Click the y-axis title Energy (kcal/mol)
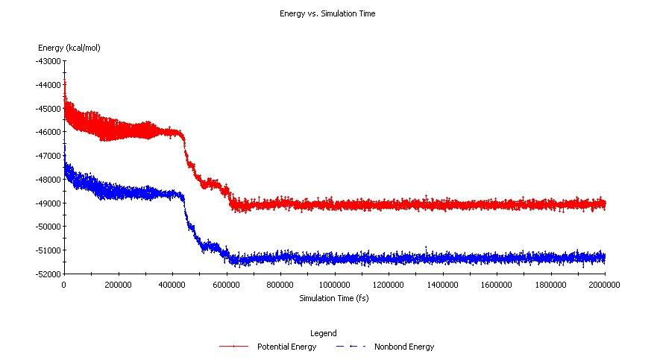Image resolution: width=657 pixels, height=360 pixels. pos(69,48)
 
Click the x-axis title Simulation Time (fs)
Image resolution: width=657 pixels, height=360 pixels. pos(333,298)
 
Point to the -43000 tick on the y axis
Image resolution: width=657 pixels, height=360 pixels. pos(48,61)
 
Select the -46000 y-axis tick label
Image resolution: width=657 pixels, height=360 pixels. pos(48,132)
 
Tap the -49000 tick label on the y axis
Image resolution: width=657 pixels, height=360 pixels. pos(48,203)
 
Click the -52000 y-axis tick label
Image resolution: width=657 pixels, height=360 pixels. pos(48,274)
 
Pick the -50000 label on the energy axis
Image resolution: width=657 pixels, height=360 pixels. pos(48,227)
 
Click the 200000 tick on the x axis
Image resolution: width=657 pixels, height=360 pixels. pos(118,285)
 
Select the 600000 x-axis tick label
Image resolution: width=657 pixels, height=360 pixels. pos(226,285)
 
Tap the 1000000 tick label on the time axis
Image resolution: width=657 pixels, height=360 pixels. pos(334,285)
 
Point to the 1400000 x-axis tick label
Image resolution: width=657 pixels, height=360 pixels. pos(442,285)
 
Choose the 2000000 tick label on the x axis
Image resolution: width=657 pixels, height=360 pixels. pos(604,285)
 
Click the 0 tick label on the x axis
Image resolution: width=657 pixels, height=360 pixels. pos(64,285)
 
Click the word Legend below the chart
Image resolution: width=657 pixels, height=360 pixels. pos(323,333)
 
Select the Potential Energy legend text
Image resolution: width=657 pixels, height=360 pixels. pos(286,347)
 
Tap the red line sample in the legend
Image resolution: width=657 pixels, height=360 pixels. pos(234,347)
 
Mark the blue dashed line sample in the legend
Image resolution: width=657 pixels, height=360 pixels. pos(350,347)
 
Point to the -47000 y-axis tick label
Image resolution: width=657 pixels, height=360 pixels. pos(48,156)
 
